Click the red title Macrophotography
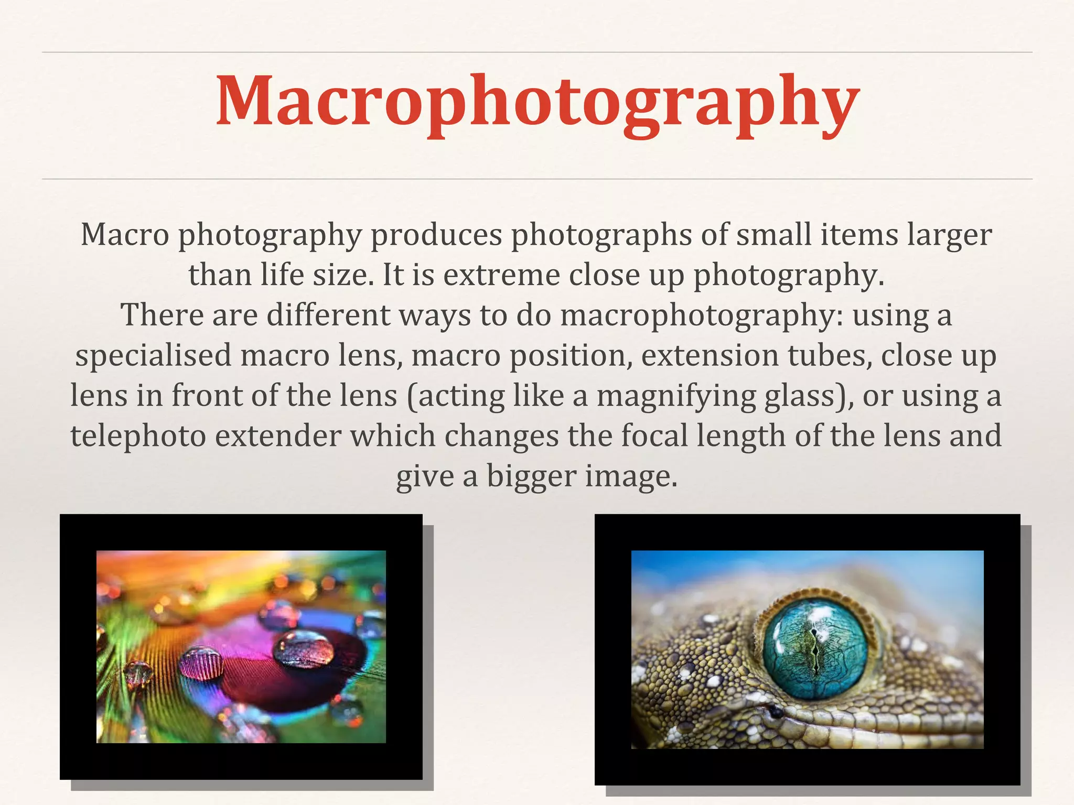point(537,102)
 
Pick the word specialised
point(153,355)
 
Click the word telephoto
point(138,436)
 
